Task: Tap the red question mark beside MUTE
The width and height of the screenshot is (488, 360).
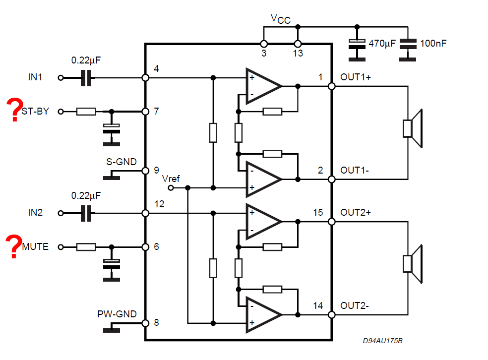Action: [14, 246]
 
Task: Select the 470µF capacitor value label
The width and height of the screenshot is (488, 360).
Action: [382, 44]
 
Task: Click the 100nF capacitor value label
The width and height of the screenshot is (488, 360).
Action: [433, 43]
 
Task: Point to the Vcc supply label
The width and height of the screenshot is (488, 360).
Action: [280, 19]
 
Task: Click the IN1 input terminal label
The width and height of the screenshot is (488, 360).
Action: [35, 77]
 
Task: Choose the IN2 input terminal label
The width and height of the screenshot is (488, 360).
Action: [35, 213]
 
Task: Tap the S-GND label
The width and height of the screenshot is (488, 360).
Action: [122, 162]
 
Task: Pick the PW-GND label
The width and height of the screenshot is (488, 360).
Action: [117, 314]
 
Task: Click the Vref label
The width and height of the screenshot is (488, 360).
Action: [171, 179]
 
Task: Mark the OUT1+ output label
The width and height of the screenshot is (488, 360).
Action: [356, 77]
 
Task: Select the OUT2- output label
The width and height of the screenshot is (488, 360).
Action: [355, 306]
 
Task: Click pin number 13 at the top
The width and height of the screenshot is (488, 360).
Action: [298, 53]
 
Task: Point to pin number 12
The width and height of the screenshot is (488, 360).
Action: [159, 204]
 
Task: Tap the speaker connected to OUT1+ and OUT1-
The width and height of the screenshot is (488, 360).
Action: [413, 128]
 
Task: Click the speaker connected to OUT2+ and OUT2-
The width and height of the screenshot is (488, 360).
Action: [413, 264]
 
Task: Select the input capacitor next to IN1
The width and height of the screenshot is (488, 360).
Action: [86, 78]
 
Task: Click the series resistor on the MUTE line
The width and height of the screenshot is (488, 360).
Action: [86, 247]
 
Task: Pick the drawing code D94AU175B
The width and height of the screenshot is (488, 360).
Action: [383, 341]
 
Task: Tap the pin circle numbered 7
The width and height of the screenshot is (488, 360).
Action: [145, 112]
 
